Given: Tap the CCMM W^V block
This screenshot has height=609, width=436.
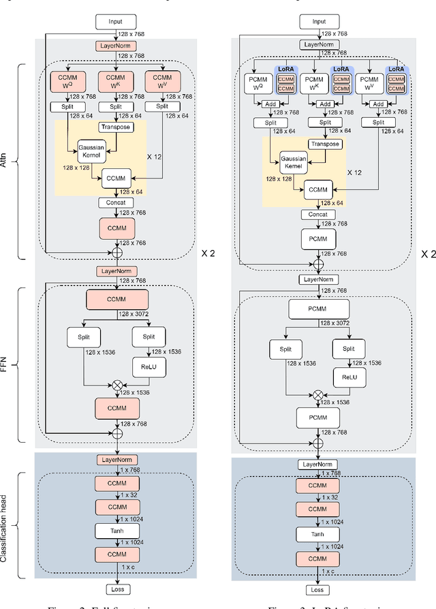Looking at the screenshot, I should [x=163, y=83].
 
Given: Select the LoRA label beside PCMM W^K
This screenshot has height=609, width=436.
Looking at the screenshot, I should [x=341, y=70].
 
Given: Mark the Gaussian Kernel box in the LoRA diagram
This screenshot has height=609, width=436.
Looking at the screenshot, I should [x=293, y=162].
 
